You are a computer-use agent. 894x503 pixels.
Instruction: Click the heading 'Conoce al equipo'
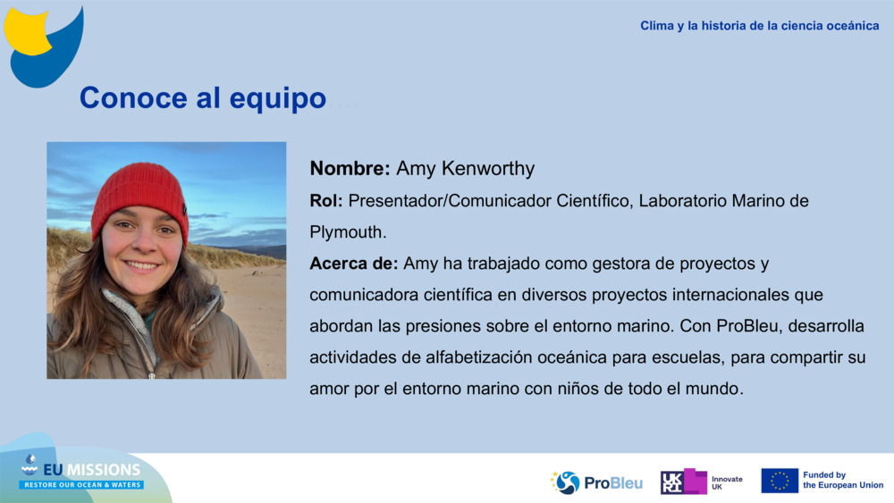pos(202,98)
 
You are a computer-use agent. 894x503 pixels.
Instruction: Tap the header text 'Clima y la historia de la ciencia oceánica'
pos(759,26)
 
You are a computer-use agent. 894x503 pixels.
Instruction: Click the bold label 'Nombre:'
pos(350,169)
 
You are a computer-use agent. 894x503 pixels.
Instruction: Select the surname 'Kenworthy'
pos(494,169)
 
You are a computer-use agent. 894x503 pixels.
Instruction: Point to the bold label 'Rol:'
pos(326,201)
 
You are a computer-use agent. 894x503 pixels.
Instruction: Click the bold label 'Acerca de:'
pos(354,264)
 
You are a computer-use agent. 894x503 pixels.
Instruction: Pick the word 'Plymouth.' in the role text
pos(348,232)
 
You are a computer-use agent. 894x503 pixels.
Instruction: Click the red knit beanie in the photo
pos(139,194)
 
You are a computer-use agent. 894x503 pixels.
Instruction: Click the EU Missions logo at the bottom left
pos(80,474)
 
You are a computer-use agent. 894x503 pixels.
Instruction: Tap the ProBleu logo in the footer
pos(596,482)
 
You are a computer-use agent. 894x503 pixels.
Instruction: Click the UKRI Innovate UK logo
pos(701,482)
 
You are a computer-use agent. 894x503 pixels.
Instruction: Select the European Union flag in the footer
pos(780,481)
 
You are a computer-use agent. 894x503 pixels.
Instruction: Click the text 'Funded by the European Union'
pos(842,481)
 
